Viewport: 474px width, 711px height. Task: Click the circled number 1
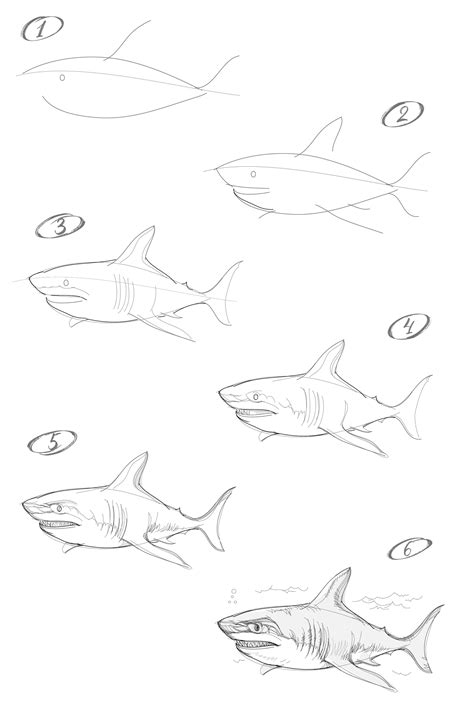click(x=42, y=29)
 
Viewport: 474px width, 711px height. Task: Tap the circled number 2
click(x=403, y=114)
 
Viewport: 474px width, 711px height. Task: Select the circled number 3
click(x=60, y=226)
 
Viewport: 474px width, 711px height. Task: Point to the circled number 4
click(x=409, y=326)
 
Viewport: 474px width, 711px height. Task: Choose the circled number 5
click(x=52, y=443)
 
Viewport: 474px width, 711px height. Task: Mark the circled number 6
click(x=410, y=548)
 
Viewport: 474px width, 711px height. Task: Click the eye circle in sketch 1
click(x=62, y=78)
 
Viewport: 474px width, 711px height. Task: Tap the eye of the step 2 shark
click(x=254, y=174)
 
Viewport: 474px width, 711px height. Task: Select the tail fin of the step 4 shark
click(x=413, y=407)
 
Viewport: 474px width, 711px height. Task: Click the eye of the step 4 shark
click(x=256, y=397)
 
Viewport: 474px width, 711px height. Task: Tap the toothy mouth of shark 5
click(x=59, y=525)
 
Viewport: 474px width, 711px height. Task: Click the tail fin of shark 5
click(x=216, y=518)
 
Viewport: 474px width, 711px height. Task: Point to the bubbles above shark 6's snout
click(x=233, y=596)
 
